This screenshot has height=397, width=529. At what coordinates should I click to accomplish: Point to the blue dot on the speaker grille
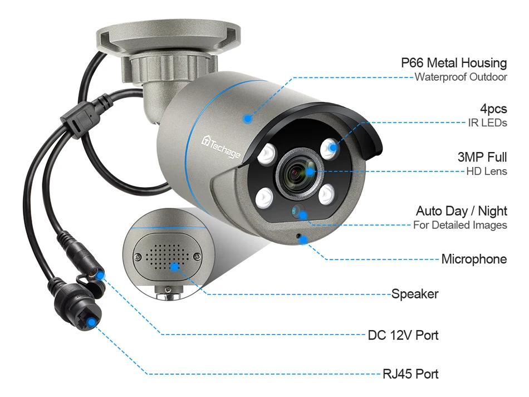175,267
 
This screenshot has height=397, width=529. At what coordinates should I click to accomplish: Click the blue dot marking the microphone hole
305,239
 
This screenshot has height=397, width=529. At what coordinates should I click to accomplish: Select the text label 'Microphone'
474,259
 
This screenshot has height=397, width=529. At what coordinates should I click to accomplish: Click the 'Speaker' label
415,293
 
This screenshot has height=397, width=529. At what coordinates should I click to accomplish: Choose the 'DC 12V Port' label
403,335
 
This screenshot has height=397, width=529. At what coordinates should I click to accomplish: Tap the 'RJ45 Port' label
410,374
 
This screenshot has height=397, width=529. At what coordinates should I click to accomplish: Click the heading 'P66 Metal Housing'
454,63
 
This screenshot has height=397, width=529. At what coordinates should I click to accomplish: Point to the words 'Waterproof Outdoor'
461,77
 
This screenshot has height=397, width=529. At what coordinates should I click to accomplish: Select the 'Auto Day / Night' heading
461,211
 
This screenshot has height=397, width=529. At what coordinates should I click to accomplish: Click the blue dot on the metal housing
248,117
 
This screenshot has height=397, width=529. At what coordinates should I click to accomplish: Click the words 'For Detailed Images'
460,226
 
